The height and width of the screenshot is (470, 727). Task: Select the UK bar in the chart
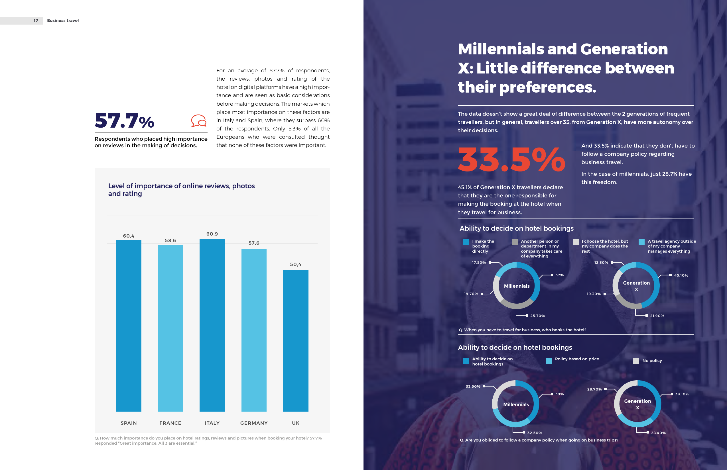point(295,340)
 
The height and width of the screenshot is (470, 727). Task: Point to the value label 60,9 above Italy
point(212,234)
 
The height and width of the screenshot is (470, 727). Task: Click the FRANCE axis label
point(170,423)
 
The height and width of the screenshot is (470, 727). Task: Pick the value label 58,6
point(170,240)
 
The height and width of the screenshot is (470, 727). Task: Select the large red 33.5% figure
point(511,160)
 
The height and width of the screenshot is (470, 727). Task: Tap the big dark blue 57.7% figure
point(124,120)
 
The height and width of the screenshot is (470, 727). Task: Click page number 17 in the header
point(36,21)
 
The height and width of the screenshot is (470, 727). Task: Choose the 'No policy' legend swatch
point(636,361)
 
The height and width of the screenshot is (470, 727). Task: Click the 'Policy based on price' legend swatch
point(549,361)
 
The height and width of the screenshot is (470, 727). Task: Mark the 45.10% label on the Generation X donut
point(681,275)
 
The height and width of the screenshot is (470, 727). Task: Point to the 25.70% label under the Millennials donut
point(537,316)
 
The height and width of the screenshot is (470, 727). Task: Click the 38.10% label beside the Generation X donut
point(682,394)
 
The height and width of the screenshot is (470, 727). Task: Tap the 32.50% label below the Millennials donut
point(534,433)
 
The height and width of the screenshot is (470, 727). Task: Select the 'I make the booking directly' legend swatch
point(466,242)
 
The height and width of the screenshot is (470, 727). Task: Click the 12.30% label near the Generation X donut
point(601,262)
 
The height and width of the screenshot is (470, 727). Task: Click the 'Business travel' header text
point(63,21)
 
